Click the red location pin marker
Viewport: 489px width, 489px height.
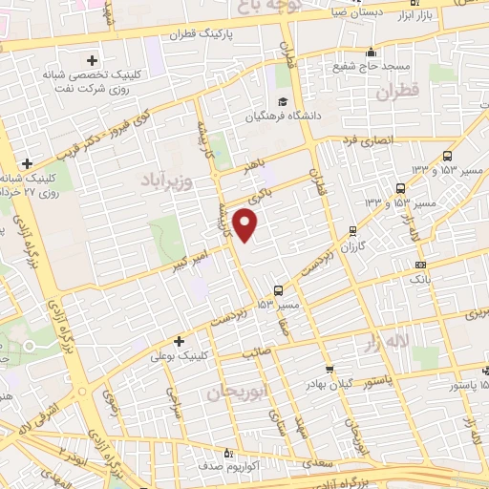coord(246,225)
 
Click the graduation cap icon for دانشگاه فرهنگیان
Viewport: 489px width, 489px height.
coord(283,101)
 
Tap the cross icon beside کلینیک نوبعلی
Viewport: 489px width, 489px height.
coord(179,340)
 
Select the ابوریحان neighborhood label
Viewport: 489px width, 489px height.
coord(233,393)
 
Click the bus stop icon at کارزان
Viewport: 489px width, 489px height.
coord(353,229)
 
